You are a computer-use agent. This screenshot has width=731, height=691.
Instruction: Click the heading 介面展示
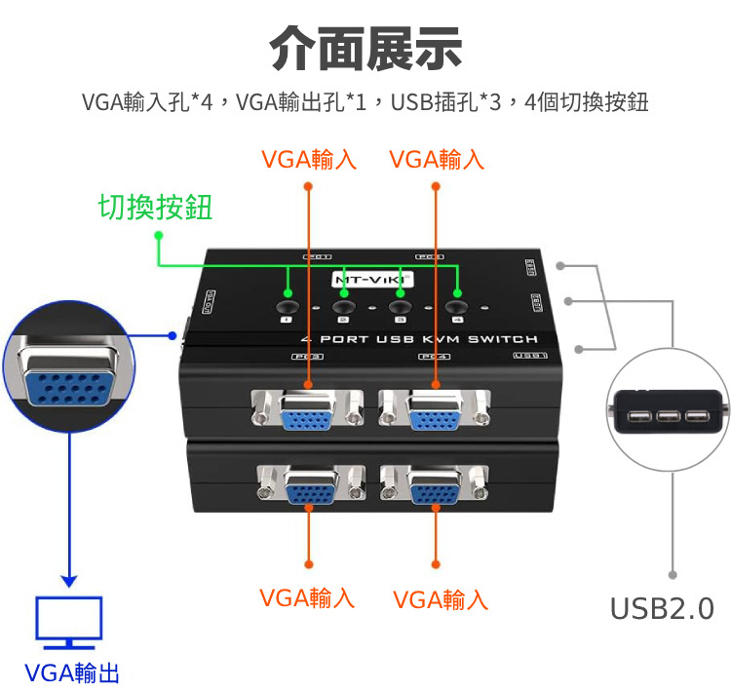click(x=365, y=48)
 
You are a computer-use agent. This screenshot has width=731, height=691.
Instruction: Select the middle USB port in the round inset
click(x=668, y=417)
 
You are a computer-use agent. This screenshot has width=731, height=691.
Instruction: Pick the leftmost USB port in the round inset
click(x=639, y=417)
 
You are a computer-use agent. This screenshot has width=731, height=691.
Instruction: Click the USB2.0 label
click(x=662, y=609)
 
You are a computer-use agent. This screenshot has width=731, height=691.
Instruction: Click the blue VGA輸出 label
click(x=72, y=672)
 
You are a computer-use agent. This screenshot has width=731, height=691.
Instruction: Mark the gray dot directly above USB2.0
click(x=673, y=574)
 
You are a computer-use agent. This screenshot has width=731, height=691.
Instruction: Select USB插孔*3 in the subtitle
click(x=446, y=101)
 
